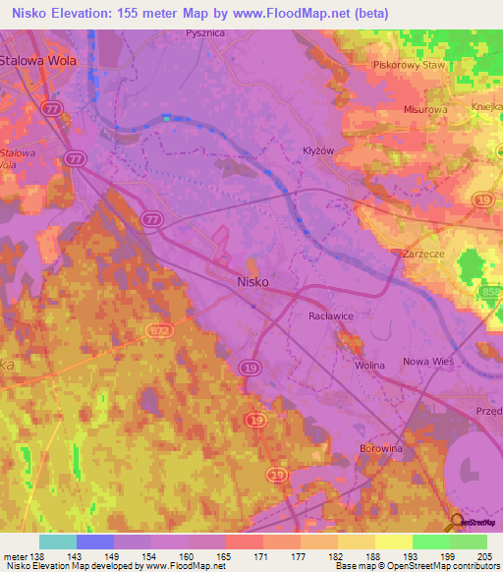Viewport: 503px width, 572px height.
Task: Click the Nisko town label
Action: (x=253, y=280)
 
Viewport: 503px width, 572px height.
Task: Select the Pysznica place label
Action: (x=205, y=32)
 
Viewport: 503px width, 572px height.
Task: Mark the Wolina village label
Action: (x=369, y=366)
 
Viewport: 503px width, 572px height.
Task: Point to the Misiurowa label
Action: (x=427, y=111)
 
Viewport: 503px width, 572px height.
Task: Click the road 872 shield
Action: (x=159, y=332)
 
